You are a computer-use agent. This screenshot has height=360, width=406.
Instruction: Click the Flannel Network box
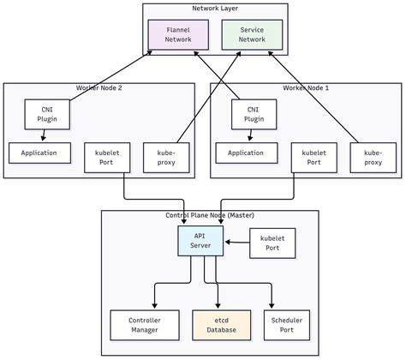click(x=178, y=34)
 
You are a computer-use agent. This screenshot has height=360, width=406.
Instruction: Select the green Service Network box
click(x=252, y=34)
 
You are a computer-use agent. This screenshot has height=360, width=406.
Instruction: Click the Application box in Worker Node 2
click(x=39, y=153)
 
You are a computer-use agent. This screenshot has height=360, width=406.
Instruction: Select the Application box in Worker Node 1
click(x=246, y=153)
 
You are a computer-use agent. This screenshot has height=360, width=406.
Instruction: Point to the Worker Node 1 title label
click(x=306, y=88)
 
